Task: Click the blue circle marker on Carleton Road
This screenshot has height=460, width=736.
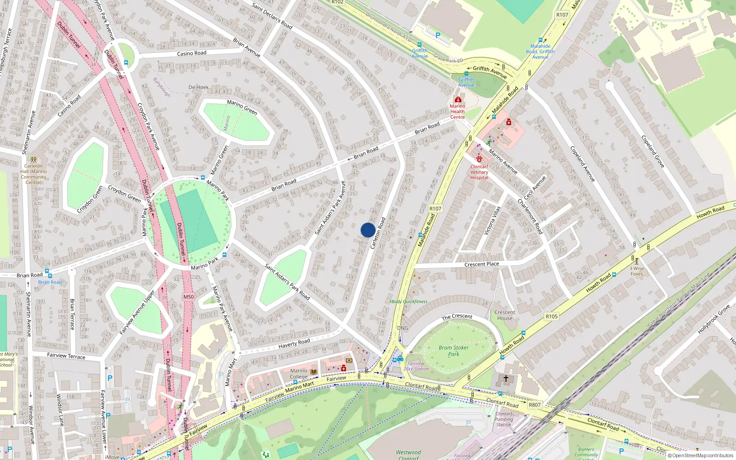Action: pyautogui.click(x=368, y=230)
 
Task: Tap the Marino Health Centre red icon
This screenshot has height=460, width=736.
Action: pyautogui.click(x=458, y=99)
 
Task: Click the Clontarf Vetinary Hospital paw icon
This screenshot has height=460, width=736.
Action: pyautogui.click(x=479, y=159)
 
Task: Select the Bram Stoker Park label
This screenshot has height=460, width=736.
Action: pyautogui.click(x=454, y=351)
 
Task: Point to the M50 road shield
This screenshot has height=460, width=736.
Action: pyautogui.click(x=189, y=297)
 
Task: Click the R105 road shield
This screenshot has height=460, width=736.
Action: pyautogui.click(x=552, y=316)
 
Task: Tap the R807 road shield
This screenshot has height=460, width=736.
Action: pyautogui.click(x=535, y=405)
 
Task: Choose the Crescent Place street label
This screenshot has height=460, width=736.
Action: pyautogui.click(x=482, y=264)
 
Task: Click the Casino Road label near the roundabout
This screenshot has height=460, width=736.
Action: pyautogui.click(x=192, y=53)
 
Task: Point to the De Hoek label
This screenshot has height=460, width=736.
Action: pyautogui.click(x=199, y=87)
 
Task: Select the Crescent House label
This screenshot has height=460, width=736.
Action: pyautogui.click(x=505, y=315)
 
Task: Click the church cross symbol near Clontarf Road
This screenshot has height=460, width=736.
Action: pyautogui.click(x=506, y=379)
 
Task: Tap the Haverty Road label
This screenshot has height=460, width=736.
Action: pyautogui.click(x=294, y=343)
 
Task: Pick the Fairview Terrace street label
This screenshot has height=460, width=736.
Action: pyautogui.click(x=66, y=356)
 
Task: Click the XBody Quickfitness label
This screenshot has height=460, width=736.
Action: pyautogui.click(x=408, y=302)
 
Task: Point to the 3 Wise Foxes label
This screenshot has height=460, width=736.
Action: pyautogui.click(x=637, y=271)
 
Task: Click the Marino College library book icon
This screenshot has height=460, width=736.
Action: pyautogui.click(x=314, y=372)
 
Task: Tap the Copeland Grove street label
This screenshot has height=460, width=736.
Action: pyautogui.click(x=653, y=151)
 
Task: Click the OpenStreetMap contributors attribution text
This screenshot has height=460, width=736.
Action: pyautogui.click(x=702, y=456)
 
